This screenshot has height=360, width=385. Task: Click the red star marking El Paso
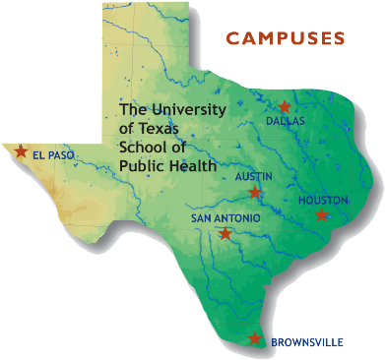click(20, 151)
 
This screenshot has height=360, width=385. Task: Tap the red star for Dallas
click(285, 106)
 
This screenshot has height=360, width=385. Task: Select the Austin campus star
click(255, 192)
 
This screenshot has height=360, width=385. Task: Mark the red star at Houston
click(321, 214)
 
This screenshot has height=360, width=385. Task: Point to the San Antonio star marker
click(225, 234)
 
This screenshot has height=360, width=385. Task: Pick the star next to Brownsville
click(255, 339)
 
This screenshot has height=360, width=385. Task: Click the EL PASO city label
click(53, 155)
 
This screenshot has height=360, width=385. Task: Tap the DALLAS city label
click(286, 121)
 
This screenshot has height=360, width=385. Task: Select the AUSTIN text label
click(253, 177)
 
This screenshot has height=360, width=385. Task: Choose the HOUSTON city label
click(323, 200)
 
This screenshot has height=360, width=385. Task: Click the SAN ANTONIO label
click(225, 218)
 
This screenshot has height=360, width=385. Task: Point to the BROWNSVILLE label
click(307, 342)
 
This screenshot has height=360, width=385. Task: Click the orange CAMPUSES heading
click(285, 39)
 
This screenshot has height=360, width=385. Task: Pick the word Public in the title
click(142, 165)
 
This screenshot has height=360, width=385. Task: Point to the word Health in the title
click(193, 165)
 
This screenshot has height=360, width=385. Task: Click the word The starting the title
click(133, 109)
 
